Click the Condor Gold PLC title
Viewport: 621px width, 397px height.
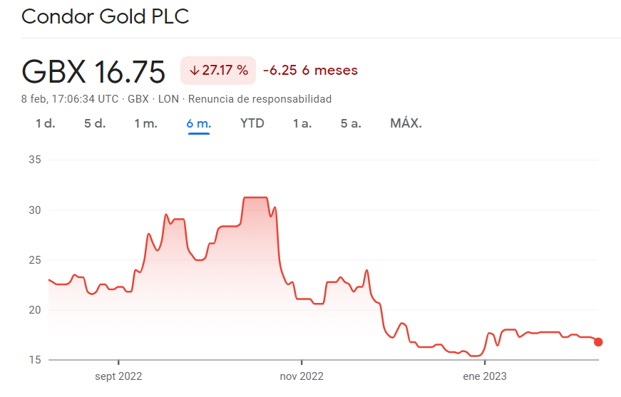106,17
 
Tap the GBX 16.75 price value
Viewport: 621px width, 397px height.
93,71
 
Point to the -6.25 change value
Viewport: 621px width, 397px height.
279,71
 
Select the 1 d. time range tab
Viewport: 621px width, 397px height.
45,123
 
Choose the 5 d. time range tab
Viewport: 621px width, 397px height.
95,123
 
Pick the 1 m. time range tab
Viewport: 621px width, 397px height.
145,123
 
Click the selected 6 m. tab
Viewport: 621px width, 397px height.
198,123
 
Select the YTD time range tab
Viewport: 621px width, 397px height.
252,123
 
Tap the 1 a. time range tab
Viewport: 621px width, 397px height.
302,123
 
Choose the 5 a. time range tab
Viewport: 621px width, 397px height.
351,123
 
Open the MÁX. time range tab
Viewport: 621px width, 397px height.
406,123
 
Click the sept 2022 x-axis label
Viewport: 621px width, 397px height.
118,376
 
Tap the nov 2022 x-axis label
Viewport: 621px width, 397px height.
302,376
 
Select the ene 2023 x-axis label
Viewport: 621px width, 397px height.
485,376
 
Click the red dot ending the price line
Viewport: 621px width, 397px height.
598,342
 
